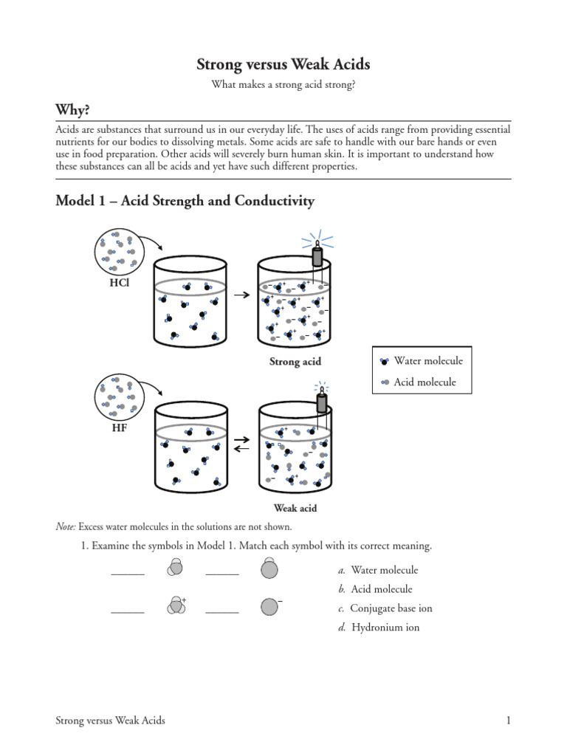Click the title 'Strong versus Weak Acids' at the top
(283, 65)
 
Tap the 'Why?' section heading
(73, 110)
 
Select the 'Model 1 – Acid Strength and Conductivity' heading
(185, 201)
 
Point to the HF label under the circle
(118, 427)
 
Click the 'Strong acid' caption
(296, 362)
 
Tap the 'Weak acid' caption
(296, 508)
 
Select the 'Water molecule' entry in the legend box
(428, 361)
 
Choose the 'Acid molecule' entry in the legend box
(425, 382)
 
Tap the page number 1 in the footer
(509, 721)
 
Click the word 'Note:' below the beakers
(66, 526)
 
